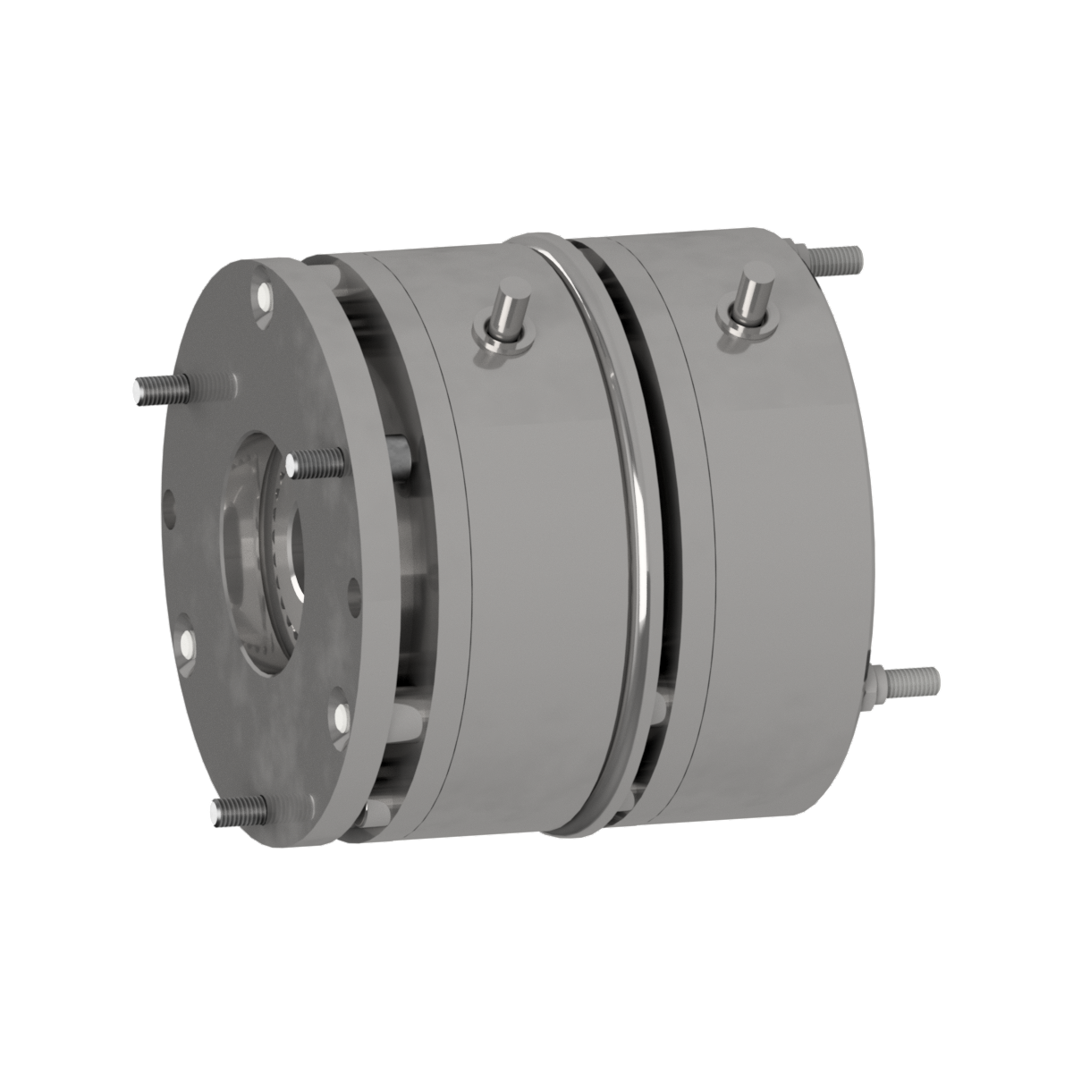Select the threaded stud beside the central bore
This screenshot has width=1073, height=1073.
pos(317,461)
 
